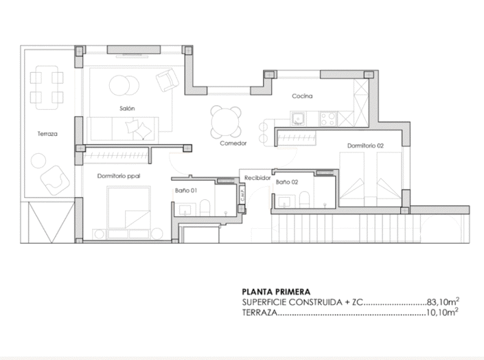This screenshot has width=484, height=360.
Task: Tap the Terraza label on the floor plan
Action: [47, 134]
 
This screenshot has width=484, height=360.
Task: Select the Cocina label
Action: [301, 96]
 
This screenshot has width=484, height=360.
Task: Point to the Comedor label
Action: [233, 144]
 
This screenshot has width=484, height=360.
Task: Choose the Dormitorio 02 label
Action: [365, 146]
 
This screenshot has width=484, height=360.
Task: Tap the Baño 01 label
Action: [186, 190]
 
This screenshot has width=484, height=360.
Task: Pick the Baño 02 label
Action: [287, 183]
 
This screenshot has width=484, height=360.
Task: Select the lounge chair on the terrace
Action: [53, 179]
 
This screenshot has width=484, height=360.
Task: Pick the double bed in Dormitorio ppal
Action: [128, 210]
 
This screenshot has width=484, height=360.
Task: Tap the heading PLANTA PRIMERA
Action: [276, 291]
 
